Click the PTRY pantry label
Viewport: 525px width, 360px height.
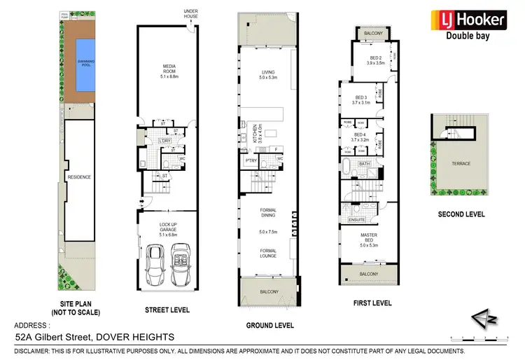[x=250, y=161]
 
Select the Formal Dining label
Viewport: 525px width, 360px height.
[x=268, y=213]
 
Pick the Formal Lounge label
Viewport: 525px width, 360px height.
[x=268, y=253]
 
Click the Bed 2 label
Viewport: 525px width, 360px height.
[x=376, y=60]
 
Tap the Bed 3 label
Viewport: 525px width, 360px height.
[x=361, y=99]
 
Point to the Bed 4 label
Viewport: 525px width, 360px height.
[x=360, y=137]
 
